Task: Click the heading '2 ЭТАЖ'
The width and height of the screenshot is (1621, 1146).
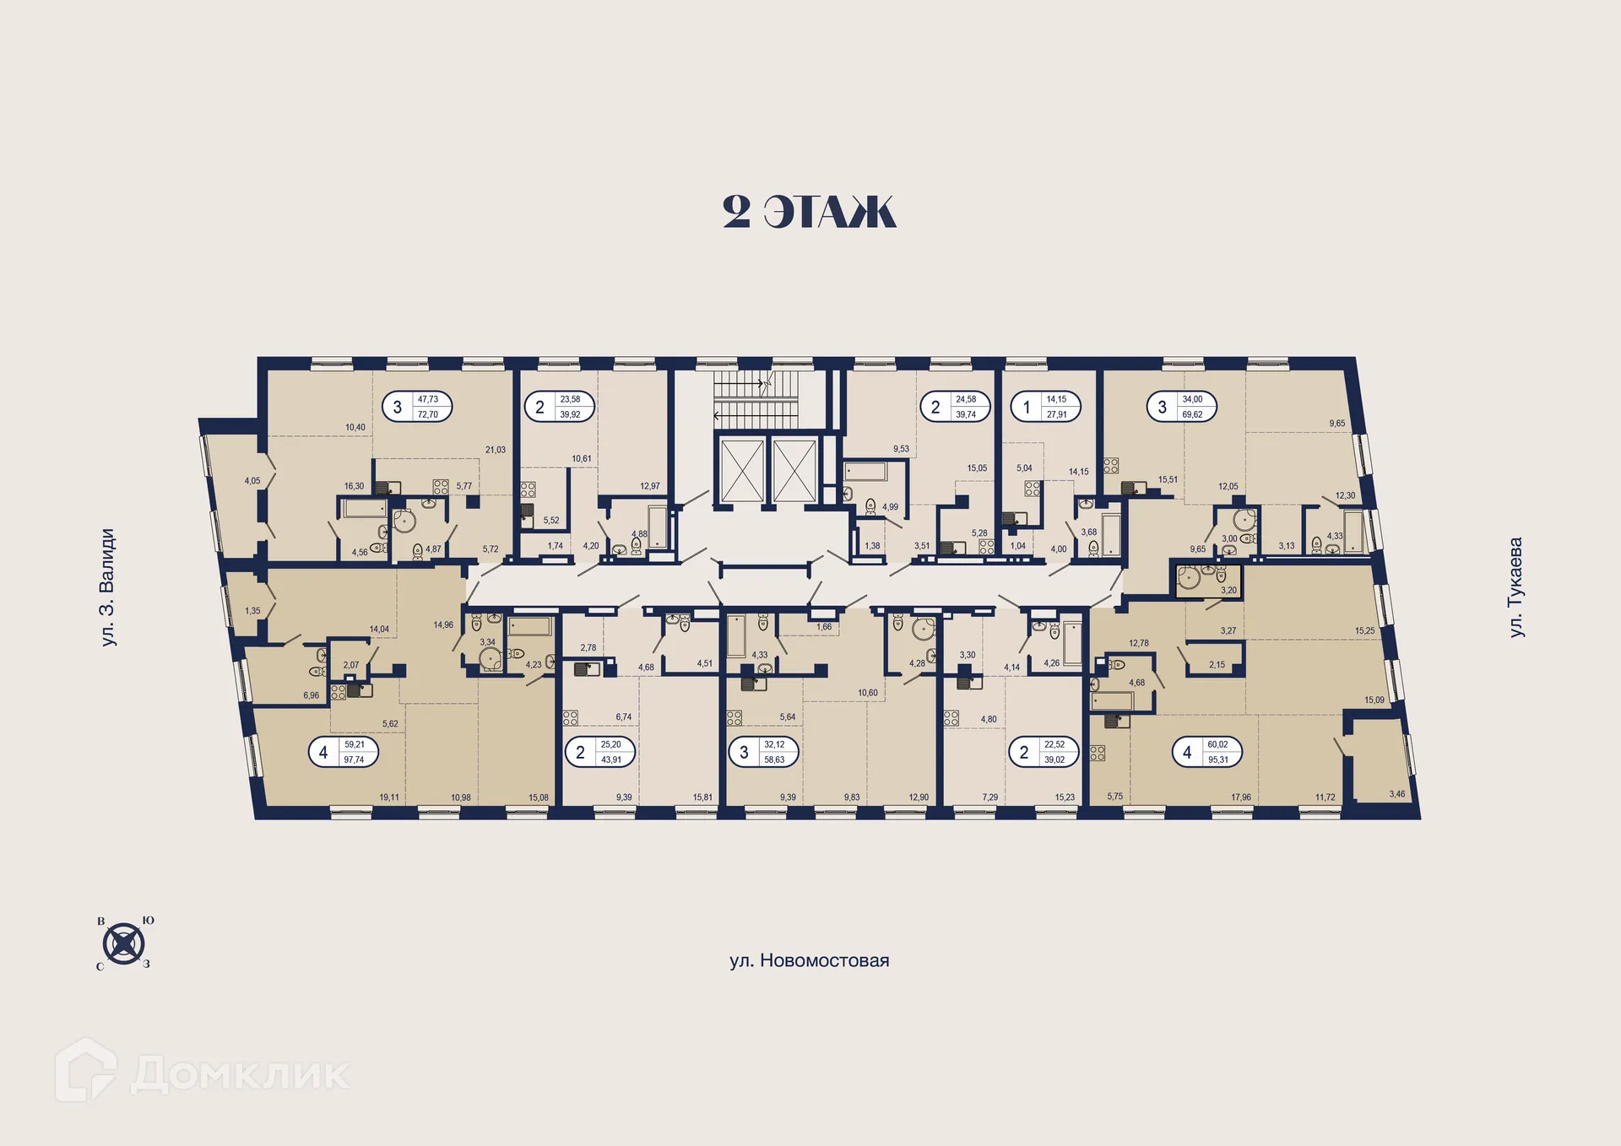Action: pyautogui.click(x=809, y=212)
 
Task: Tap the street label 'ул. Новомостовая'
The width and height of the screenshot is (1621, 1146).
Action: pyautogui.click(x=809, y=960)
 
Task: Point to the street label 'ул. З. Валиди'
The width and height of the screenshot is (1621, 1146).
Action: pyautogui.click(x=107, y=587)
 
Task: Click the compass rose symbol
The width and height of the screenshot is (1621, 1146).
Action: pyautogui.click(x=124, y=943)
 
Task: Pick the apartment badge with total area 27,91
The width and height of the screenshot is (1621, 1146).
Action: pyautogui.click(x=1045, y=407)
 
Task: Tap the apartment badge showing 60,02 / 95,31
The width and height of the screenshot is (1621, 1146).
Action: pyautogui.click(x=1206, y=752)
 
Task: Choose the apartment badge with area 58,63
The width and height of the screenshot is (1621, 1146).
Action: pyautogui.click(x=763, y=752)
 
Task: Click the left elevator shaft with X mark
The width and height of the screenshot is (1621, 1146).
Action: pyautogui.click(x=742, y=471)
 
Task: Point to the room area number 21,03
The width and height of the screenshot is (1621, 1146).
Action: pyautogui.click(x=496, y=450)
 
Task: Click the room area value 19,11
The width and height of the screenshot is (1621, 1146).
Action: pyautogui.click(x=389, y=797)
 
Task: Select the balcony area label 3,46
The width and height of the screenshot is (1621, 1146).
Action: pyautogui.click(x=1397, y=794)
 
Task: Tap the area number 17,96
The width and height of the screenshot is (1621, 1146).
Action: pyautogui.click(x=1241, y=797)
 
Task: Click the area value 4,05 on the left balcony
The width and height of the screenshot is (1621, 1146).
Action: pyautogui.click(x=252, y=481)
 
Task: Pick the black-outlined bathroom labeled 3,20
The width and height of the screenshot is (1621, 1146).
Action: pyautogui.click(x=1209, y=581)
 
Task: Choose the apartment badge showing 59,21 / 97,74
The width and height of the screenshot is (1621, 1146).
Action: pyautogui.click(x=344, y=752)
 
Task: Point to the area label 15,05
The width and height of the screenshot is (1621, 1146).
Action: pyautogui.click(x=977, y=468)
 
